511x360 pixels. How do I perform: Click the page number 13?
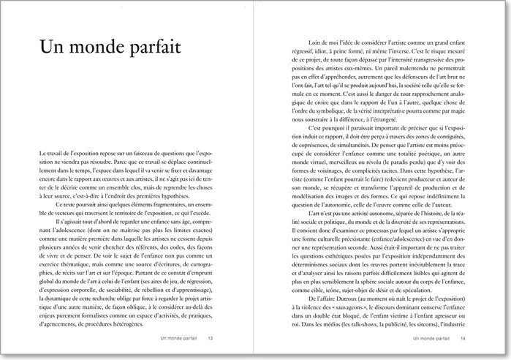211,338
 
